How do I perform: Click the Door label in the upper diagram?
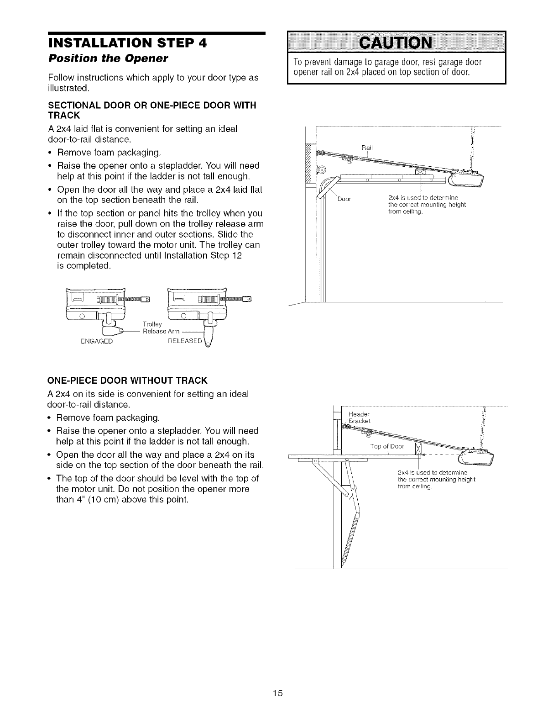click(x=343, y=199)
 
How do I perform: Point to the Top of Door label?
click(x=387, y=446)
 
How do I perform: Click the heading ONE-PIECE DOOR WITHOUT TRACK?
click(x=127, y=381)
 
